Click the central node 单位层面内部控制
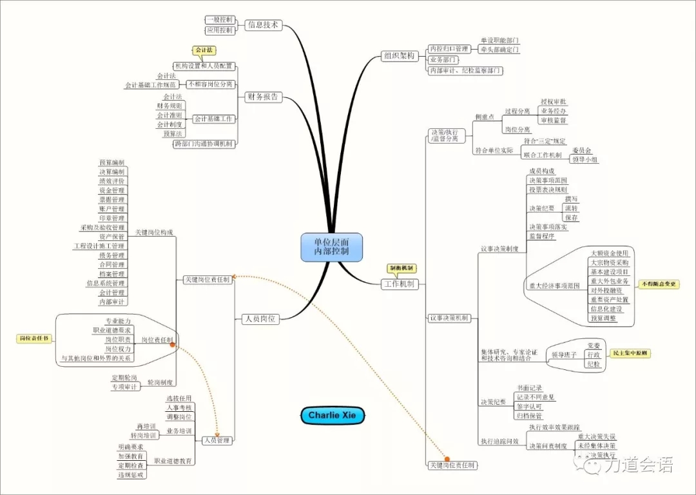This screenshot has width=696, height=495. click(331, 247)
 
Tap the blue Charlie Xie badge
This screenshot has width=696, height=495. click(333, 416)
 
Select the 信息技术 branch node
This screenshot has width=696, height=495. click(263, 25)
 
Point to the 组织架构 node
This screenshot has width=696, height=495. click(399, 56)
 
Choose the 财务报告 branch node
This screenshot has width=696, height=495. click(263, 97)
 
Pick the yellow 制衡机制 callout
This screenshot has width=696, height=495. click(401, 268)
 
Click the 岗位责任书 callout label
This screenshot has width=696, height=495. click(34, 338)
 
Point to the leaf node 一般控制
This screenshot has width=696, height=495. click(219, 20)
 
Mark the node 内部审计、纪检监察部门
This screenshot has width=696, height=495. click(465, 70)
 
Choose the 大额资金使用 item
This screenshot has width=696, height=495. click(609, 253)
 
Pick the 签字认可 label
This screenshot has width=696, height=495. click(530, 407)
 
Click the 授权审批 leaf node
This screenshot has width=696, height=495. click(554, 102)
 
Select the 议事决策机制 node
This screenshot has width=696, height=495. click(449, 318)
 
